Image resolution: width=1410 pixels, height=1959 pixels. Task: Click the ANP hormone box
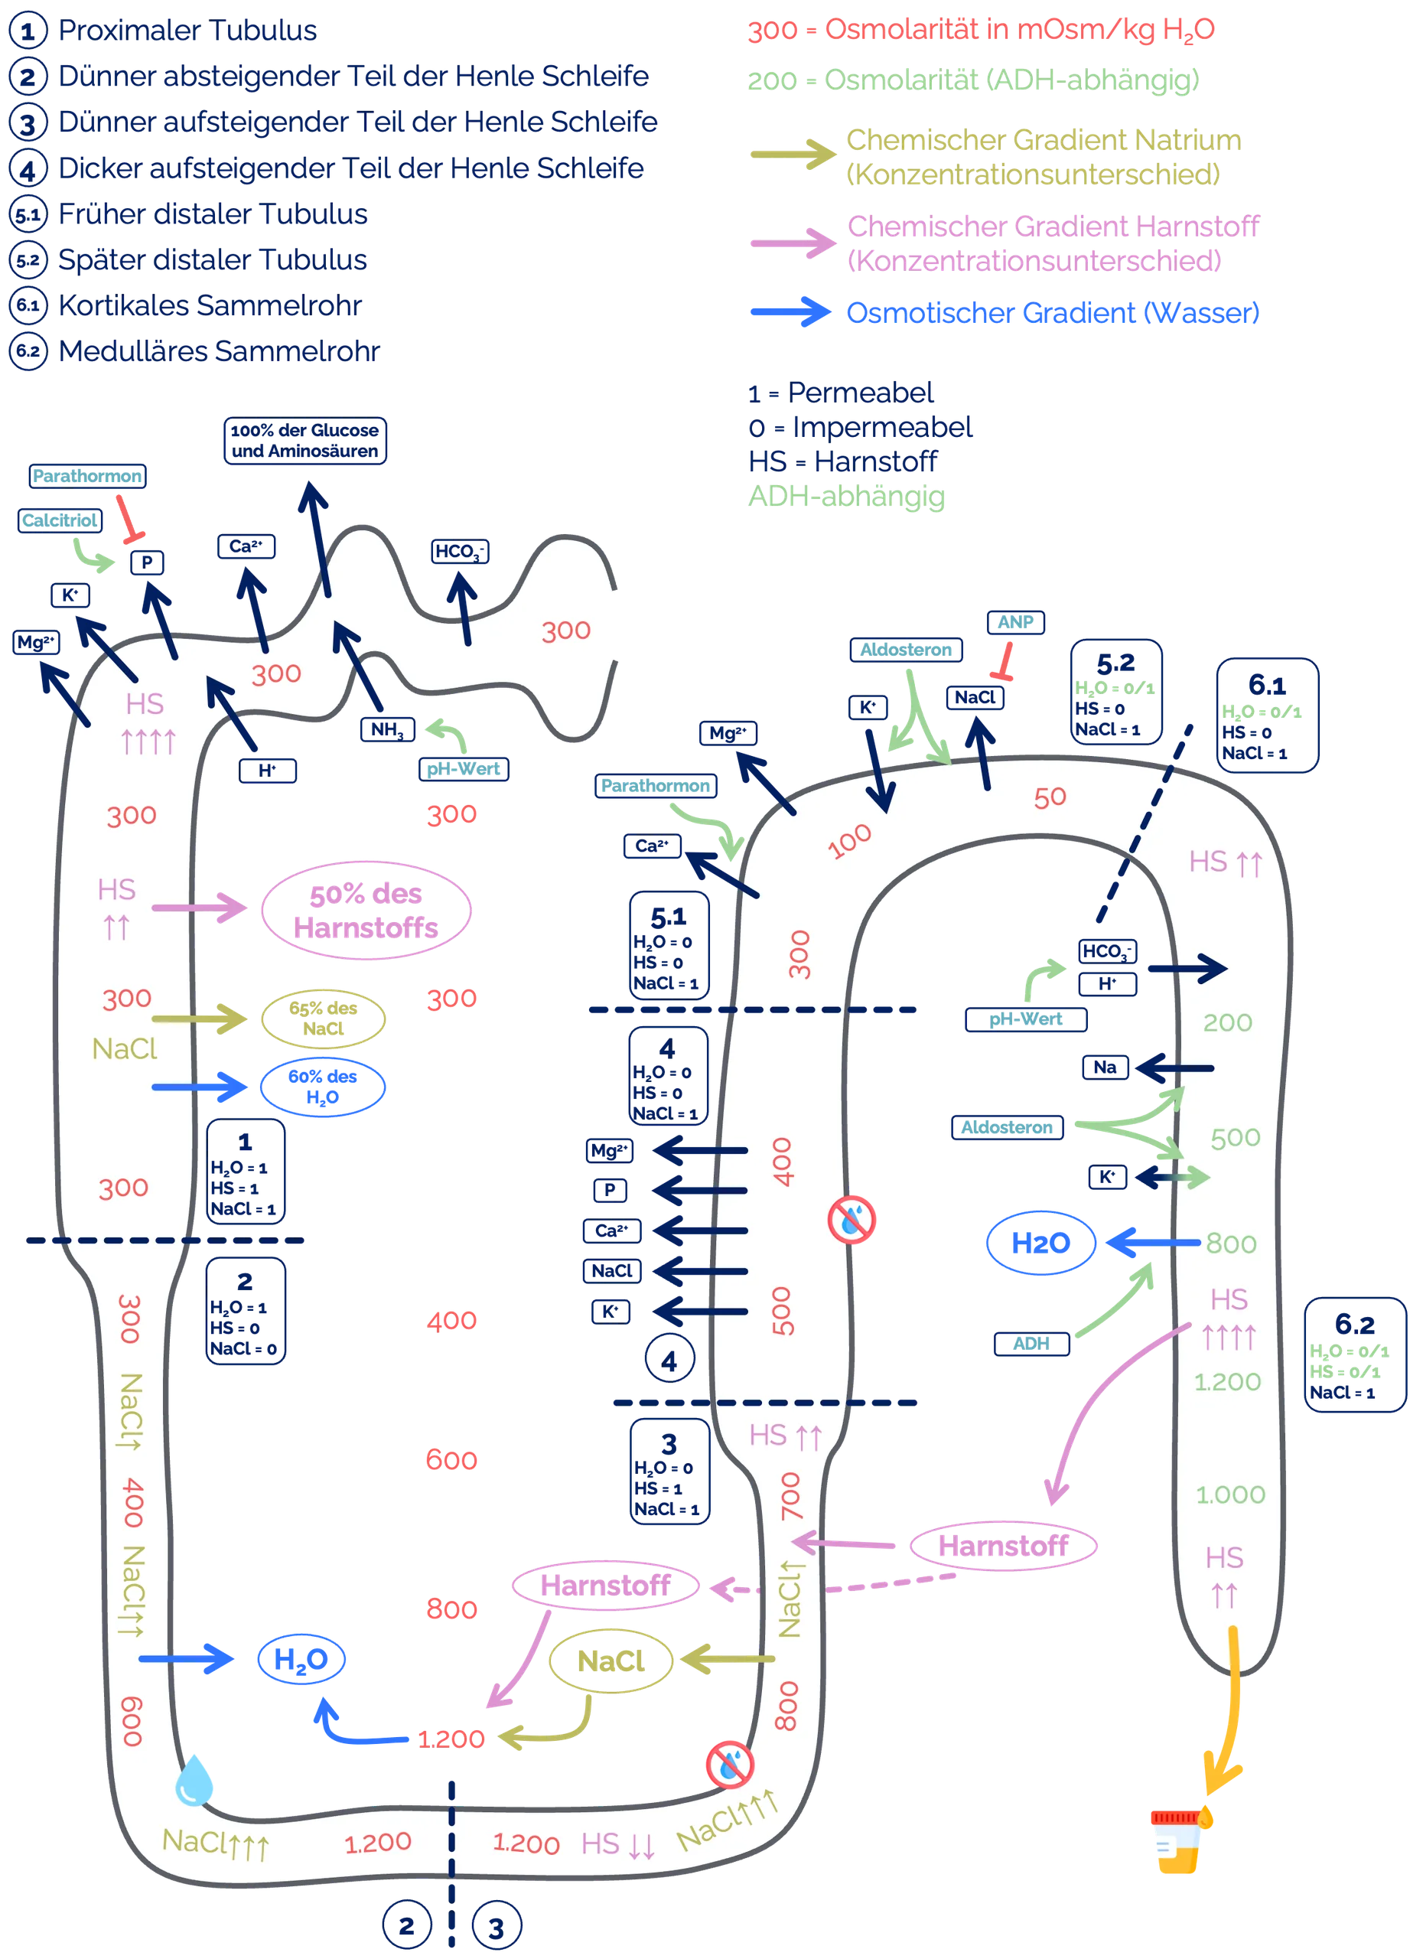coord(1014,622)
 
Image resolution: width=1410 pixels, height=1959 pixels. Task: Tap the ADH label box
coord(1031,1343)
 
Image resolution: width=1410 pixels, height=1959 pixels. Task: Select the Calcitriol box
coord(60,520)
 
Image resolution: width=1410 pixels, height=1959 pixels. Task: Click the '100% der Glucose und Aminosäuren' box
coord(304,441)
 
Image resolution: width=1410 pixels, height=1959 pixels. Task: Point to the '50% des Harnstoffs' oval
coord(366,910)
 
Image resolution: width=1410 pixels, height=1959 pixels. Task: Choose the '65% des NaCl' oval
coord(323,1019)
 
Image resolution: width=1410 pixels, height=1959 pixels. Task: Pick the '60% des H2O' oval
coord(323,1087)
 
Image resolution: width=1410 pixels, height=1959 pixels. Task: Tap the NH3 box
coord(387,730)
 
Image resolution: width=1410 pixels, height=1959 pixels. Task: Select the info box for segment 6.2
coord(1354,1354)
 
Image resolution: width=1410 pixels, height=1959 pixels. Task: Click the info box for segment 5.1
coord(669,945)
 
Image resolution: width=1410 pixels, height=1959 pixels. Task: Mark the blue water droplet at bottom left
coord(194,1781)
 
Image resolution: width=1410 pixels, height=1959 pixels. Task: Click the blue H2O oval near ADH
coord(1040,1243)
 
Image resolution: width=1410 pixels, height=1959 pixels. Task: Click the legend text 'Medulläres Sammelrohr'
coord(220,350)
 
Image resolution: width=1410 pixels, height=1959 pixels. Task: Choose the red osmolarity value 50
coord(1050,797)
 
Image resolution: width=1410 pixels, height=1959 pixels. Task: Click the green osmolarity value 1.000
coord(1229,1495)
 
